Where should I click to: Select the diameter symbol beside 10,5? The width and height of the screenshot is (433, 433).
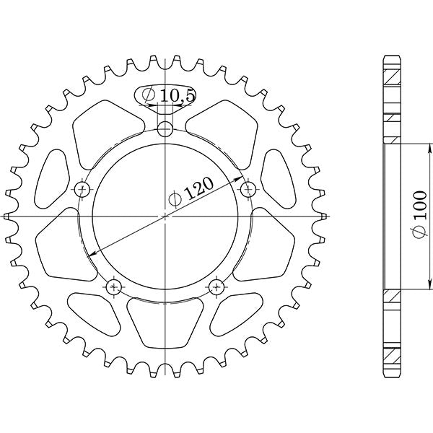click(148, 95)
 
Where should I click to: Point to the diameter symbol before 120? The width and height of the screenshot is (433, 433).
click(175, 200)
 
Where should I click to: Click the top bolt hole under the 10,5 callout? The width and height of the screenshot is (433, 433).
click(166, 130)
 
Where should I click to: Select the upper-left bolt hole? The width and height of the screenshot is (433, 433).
click(83, 190)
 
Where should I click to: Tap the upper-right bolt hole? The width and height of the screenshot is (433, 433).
click(249, 190)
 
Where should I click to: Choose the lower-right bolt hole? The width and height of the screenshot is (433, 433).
click(217, 287)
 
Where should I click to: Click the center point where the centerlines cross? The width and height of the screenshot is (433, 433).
click(166, 216)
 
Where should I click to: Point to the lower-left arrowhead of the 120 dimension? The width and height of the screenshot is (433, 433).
click(89, 254)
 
